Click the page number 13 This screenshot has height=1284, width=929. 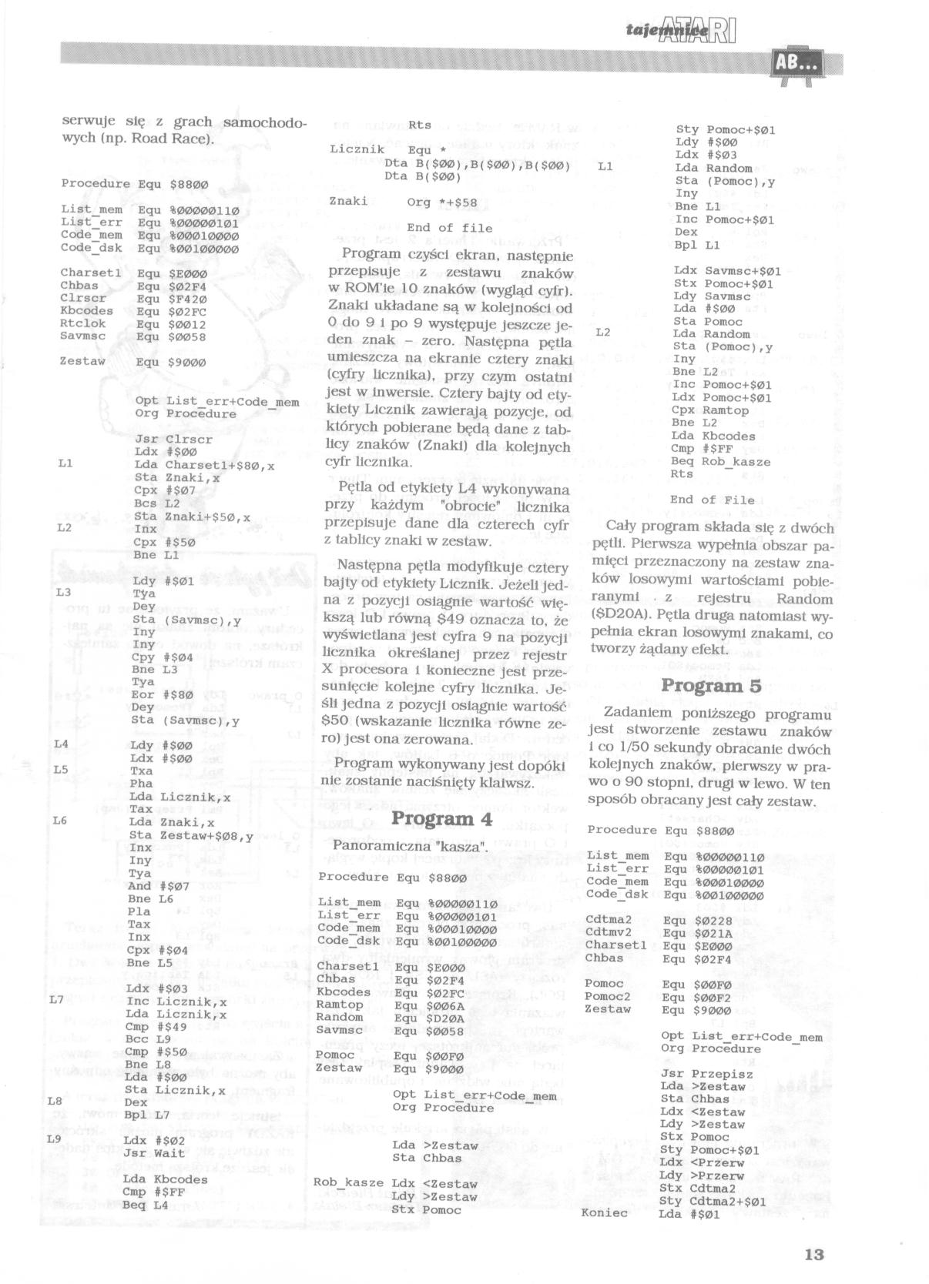click(813, 1254)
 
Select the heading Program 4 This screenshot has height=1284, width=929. click(441, 818)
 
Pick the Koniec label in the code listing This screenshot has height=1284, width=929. click(607, 1214)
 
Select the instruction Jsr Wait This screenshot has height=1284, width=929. click(154, 1153)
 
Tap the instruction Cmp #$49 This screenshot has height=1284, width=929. click(153, 1026)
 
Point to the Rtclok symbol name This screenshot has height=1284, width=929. click(83, 323)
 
